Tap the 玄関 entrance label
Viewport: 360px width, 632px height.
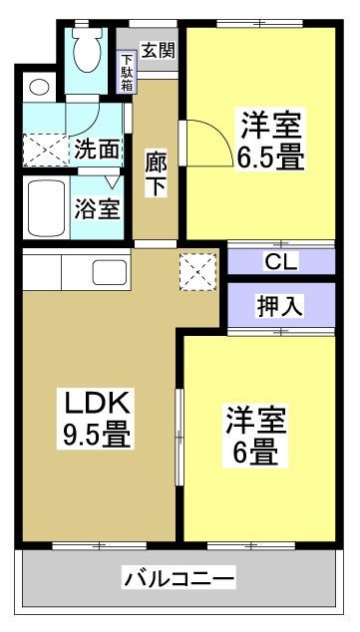tap(156, 49)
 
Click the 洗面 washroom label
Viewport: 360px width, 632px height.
tap(97, 150)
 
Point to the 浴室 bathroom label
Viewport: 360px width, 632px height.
tap(97, 209)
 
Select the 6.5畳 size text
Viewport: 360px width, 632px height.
tap(269, 158)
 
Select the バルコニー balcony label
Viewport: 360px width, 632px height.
tap(180, 577)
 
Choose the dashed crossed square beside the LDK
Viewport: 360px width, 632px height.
tap(194, 269)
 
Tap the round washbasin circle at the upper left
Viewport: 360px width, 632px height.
tap(39, 87)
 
